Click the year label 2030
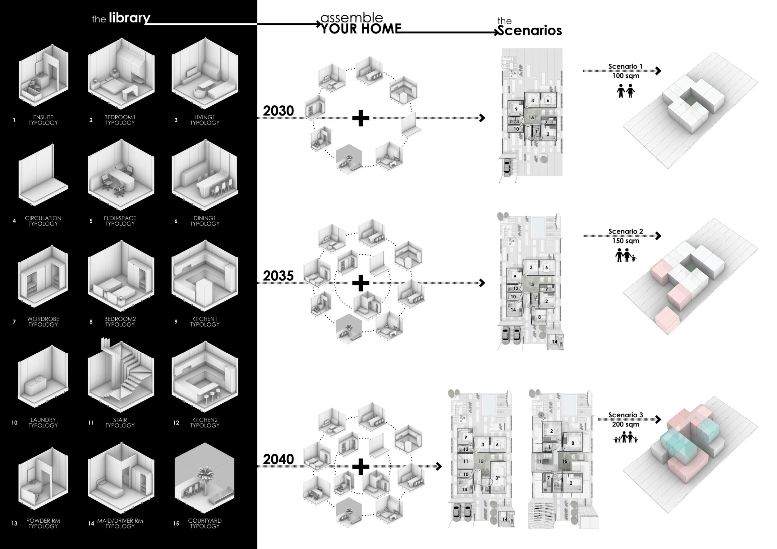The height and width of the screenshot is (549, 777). [278, 111]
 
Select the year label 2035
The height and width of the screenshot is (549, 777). [278, 276]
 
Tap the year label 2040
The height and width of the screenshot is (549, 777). [278, 459]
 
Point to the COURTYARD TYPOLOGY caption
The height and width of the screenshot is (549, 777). [205, 523]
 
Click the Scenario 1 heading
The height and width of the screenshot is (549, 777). [625, 66]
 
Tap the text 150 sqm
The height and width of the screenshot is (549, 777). [625, 241]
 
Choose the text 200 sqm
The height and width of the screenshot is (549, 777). [625, 424]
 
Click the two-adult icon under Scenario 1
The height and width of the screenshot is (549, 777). [625, 91]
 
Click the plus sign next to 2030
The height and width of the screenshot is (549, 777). [361, 118]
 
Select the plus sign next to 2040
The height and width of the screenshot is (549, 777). [361, 466]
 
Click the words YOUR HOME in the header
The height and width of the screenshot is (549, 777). [361, 29]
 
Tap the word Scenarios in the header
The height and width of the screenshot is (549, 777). [530, 30]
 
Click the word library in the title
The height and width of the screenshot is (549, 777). [129, 18]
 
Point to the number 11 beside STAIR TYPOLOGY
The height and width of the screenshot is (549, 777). [91, 423]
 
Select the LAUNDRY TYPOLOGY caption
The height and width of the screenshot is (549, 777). [43, 423]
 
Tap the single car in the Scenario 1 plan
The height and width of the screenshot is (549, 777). [507, 167]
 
